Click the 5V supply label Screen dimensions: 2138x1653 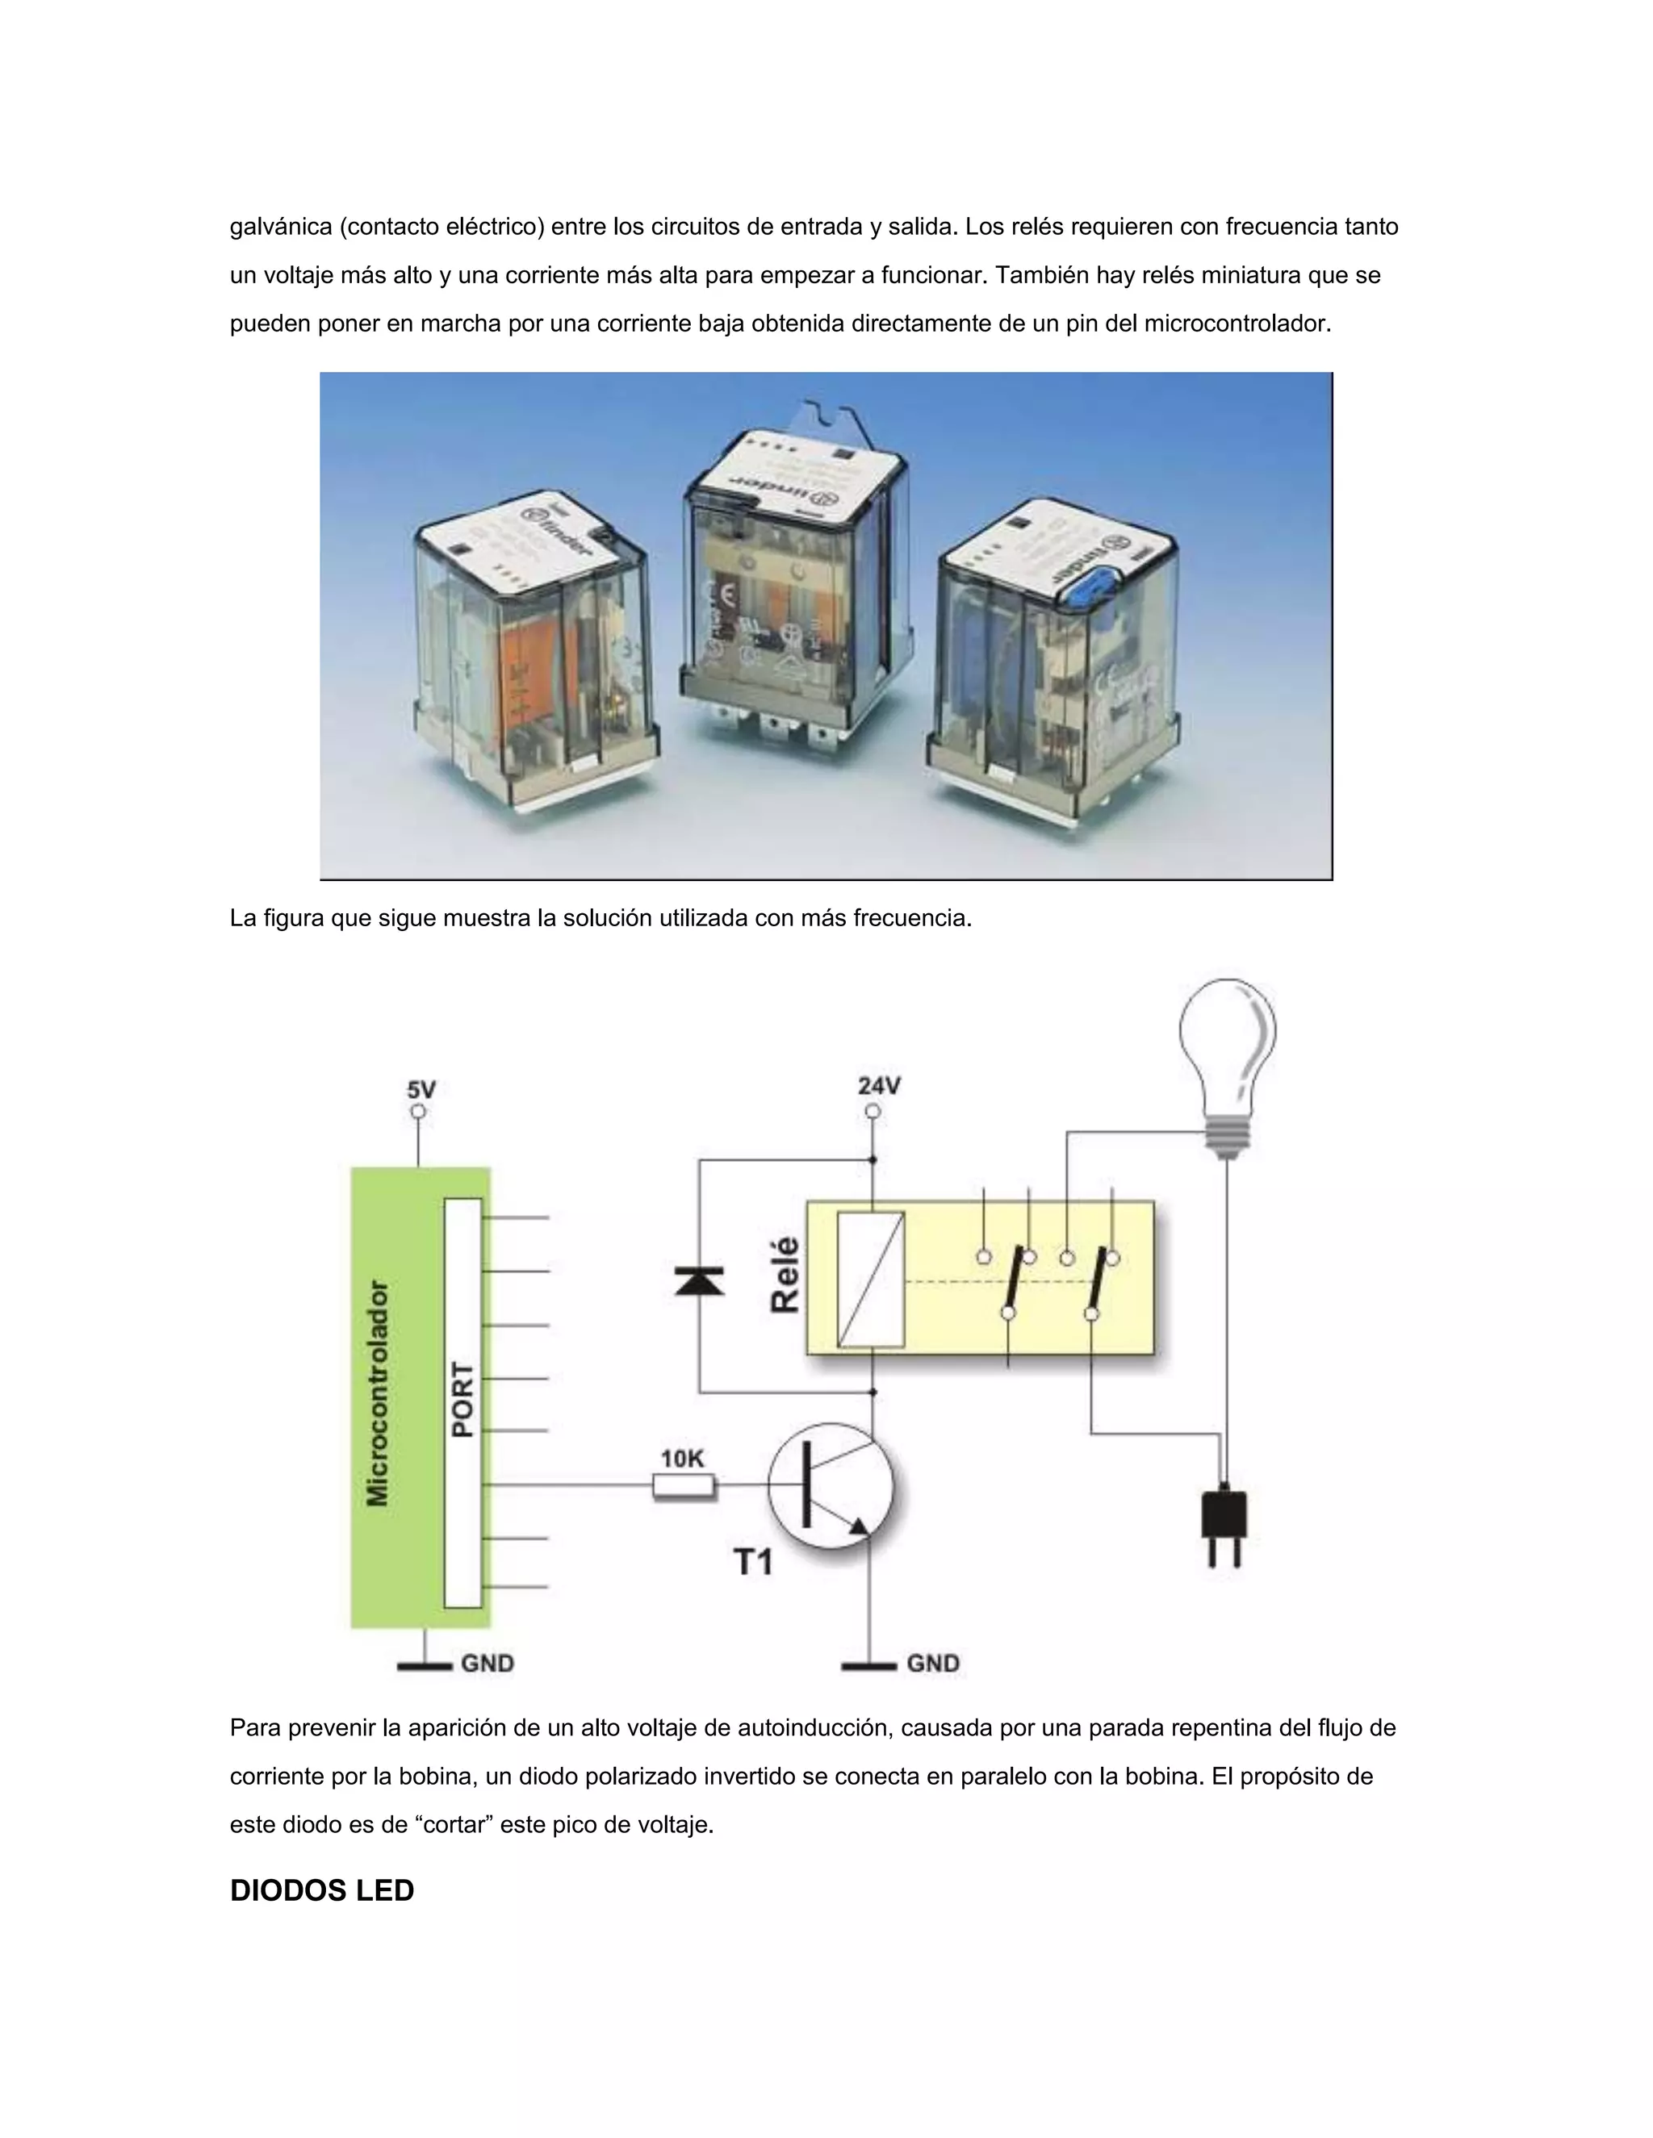[421, 1089]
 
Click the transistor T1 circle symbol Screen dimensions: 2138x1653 [831, 1486]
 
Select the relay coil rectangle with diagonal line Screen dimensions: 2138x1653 [871, 1280]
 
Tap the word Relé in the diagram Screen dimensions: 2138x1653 [785, 1275]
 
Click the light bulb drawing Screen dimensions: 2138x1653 [1227, 1057]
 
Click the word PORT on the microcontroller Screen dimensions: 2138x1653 [463, 1400]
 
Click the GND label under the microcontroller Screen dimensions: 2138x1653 [487, 1664]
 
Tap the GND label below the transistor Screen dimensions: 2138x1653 [932, 1664]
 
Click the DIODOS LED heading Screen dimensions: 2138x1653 [321, 1890]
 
